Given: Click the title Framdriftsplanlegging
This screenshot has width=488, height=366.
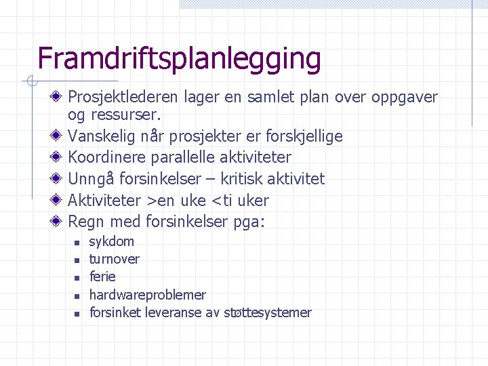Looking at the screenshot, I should coord(179,59).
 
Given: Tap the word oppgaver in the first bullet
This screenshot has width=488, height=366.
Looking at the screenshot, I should coord(404,98).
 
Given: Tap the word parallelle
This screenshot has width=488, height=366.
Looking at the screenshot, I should coord(181,158).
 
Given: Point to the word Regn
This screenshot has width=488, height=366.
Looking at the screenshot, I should coord(84,222).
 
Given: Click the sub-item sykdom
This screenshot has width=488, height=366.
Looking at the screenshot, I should coord(112,242).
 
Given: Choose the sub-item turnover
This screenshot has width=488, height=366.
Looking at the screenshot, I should coord(115,259).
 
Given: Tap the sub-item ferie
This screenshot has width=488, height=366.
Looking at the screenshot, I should coord(102,277).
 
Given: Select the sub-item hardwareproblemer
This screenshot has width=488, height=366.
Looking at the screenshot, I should coord(147,295).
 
